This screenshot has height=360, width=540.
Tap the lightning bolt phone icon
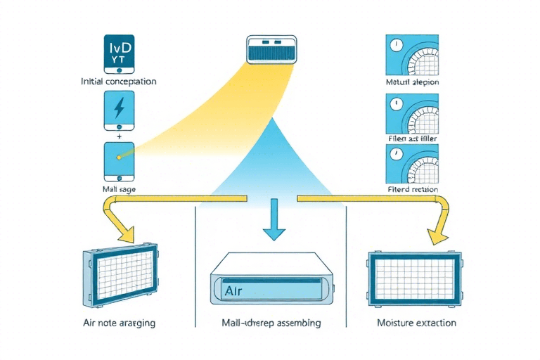[x=118, y=109]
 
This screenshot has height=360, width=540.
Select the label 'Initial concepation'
[x=119, y=82]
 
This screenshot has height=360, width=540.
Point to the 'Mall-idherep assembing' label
[x=271, y=323]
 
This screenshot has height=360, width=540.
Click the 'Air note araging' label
[x=118, y=323]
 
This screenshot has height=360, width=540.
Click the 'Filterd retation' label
[x=413, y=190]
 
